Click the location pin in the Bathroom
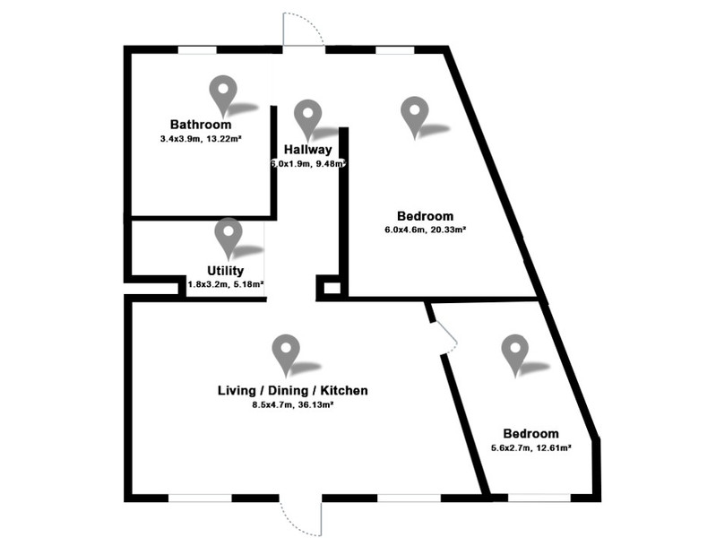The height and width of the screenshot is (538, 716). [223, 94]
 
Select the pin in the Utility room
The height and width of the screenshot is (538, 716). [229, 237]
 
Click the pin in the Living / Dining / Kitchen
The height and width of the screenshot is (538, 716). [286, 353]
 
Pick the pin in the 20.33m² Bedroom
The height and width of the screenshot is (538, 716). [415, 115]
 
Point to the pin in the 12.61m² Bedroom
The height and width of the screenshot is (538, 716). [515, 353]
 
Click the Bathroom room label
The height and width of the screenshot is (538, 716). [201, 125]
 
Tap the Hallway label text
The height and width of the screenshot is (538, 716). [307, 150]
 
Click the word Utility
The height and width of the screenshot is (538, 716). [226, 271]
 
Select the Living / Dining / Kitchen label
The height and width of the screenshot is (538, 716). [293, 390]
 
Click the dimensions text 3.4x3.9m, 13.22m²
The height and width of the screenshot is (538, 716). [201, 138]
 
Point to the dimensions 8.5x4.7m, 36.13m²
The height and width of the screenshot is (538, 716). [293, 404]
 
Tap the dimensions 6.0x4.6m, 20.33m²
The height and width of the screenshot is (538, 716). [425, 230]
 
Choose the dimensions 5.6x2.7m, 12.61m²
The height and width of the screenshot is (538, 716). [531, 448]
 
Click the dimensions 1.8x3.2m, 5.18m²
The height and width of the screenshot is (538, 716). [226, 284]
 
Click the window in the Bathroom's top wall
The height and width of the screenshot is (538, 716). [197, 50]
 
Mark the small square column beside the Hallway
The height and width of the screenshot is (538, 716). [332, 288]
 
